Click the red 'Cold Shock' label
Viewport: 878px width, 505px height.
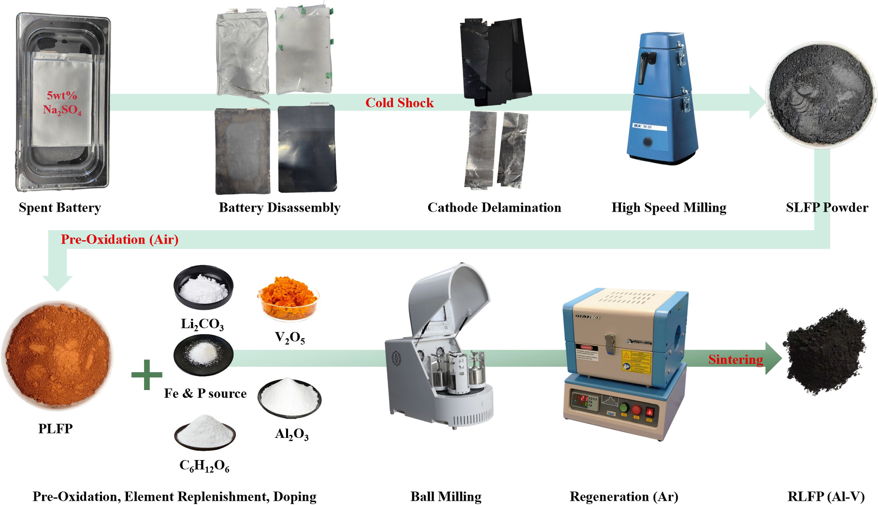click(399, 103)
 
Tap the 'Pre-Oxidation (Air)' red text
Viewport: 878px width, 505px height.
click(119, 240)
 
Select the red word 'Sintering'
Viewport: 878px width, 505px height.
click(735, 360)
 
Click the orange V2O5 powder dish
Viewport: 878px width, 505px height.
click(288, 298)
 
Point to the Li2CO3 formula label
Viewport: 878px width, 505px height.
click(202, 324)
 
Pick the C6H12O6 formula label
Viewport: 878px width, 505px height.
click(204, 466)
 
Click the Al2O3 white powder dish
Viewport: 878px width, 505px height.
click(289, 398)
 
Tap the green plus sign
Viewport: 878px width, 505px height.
click(147, 375)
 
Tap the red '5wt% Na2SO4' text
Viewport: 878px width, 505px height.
click(62, 102)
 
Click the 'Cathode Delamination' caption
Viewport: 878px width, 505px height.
click(494, 208)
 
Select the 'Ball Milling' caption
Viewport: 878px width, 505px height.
click(446, 497)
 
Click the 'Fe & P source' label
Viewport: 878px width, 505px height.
click(205, 394)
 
